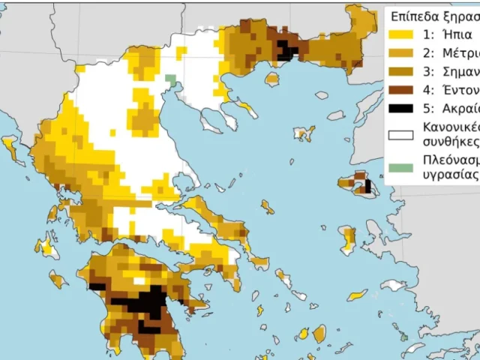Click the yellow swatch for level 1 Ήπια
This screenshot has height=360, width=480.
tap(401, 34)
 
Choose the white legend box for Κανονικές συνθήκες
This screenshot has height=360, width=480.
tap(401, 135)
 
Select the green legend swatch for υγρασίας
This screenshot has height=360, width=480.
tap(401, 166)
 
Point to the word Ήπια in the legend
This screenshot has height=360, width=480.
tap(457, 34)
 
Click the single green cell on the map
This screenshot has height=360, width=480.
tap(170, 78)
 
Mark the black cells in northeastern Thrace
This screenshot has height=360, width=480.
tap(286, 51)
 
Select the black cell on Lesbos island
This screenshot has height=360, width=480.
tap(367, 184)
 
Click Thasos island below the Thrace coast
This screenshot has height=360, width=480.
tap(271, 79)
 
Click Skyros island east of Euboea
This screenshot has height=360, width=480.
tap(267, 205)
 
